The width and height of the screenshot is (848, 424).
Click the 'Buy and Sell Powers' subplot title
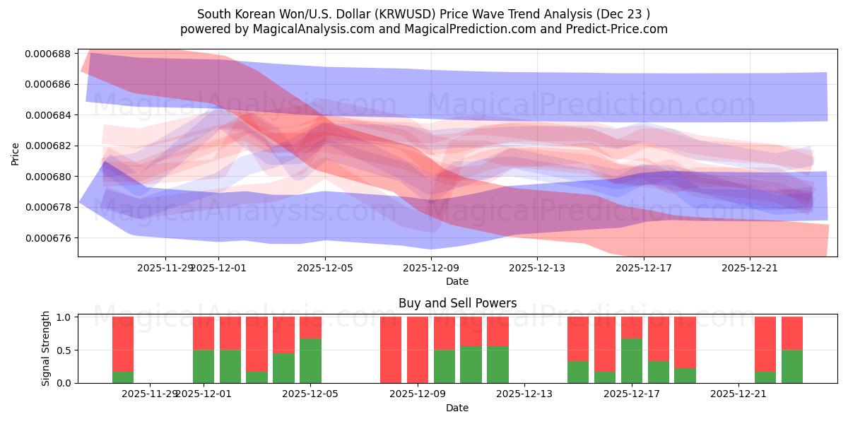(457, 303)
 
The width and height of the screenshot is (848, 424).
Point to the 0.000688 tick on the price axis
(51, 54)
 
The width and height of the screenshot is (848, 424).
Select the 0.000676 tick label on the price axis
(51, 238)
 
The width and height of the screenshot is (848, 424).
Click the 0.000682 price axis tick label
(51, 146)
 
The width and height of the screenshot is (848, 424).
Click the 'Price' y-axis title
(16, 153)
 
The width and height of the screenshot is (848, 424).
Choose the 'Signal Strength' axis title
(46, 348)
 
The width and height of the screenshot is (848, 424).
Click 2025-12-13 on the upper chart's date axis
(537, 268)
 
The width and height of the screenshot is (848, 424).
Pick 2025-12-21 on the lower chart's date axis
(738, 394)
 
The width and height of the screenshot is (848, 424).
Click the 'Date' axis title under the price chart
(457, 281)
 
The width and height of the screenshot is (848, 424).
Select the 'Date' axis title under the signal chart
(457, 408)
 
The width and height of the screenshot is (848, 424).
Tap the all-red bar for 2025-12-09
(417, 350)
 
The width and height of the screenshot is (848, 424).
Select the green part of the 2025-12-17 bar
(632, 360)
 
